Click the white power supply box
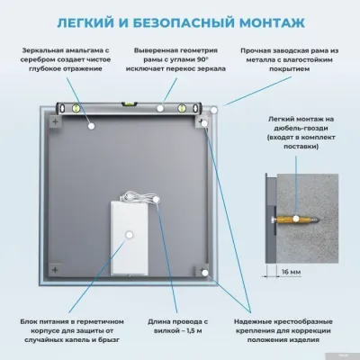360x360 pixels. coord(129,236)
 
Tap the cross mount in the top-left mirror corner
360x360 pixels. coord(58,120)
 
